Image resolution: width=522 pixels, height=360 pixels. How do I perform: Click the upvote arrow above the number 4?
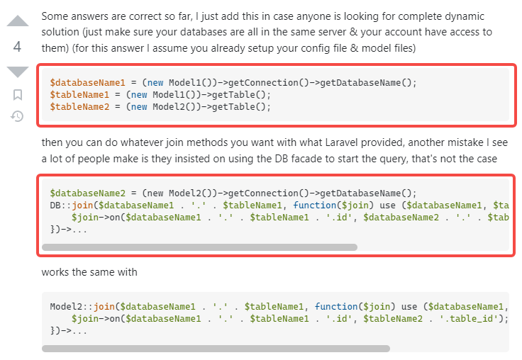[18, 21]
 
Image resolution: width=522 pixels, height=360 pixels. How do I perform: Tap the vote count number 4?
[18, 47]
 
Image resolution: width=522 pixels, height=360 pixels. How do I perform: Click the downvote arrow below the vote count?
[18, 72]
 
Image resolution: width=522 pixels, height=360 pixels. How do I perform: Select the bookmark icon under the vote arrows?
[18, 94]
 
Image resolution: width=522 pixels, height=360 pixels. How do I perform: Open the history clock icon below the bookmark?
[18, 116]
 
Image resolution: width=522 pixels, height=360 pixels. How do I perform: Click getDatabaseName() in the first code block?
[368, 81]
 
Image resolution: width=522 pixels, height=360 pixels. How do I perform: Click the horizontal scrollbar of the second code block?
[199, 247]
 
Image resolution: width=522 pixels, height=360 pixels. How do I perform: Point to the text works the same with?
[89, 272]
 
